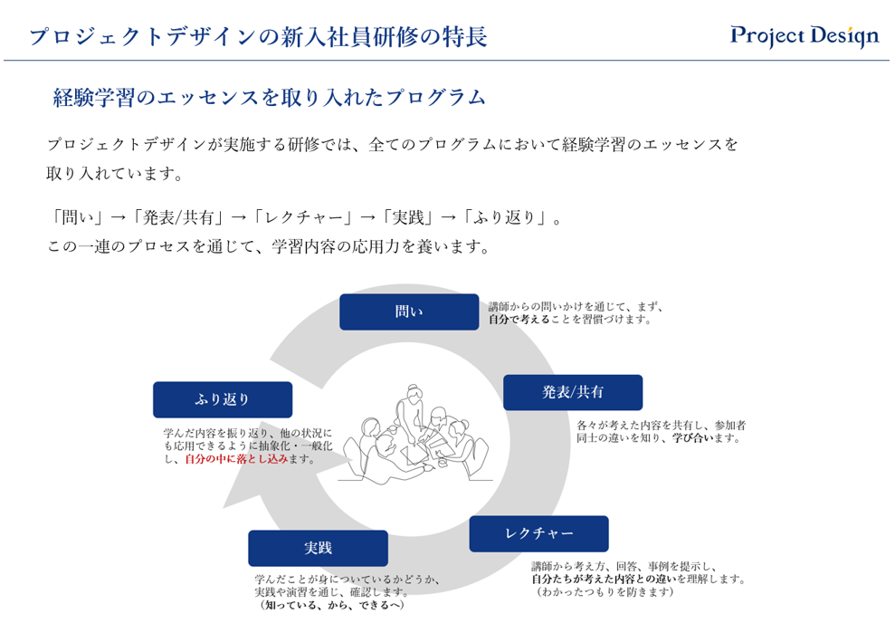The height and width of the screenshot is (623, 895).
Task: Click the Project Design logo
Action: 805,36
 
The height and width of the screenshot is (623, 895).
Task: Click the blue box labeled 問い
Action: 409,311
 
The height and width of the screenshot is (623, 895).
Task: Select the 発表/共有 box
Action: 573,392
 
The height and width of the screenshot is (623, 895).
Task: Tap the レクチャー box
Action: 538,533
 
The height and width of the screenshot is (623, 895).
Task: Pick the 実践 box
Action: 318,548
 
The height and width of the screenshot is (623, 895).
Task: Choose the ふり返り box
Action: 223,399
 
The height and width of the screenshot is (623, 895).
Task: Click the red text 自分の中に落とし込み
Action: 236,459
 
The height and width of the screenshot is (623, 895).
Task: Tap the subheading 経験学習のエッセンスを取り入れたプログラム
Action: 269,98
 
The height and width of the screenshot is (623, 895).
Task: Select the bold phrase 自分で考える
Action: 519,320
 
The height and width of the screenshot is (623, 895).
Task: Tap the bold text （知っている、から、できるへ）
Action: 331,605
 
